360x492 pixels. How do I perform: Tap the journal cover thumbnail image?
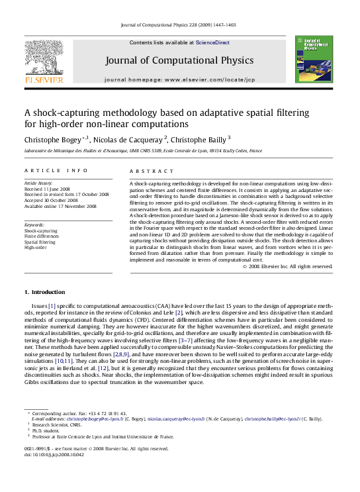click(x=313, y=60)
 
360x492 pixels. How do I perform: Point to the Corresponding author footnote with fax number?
click(x=79, y=413)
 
